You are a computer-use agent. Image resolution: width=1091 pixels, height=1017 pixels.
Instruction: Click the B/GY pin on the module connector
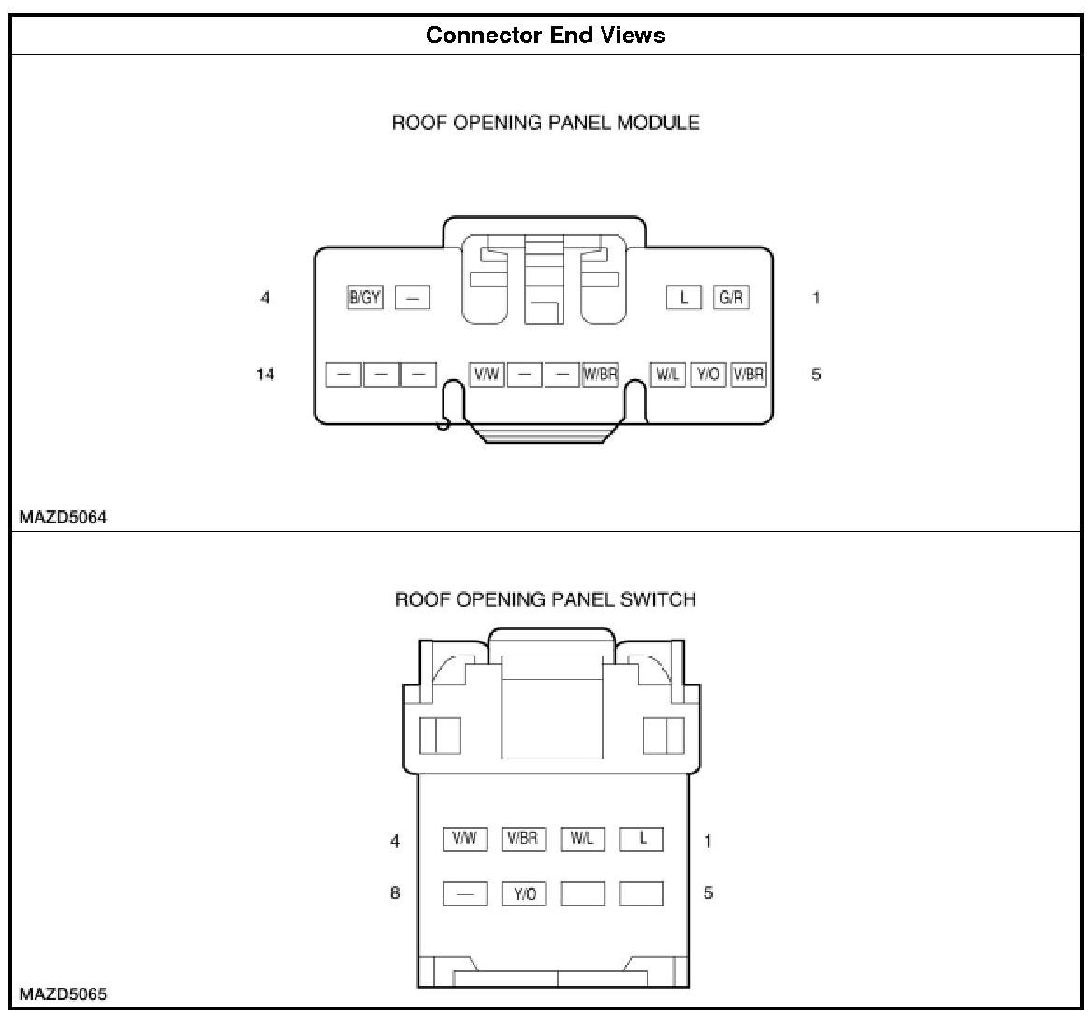(x=365, y=298)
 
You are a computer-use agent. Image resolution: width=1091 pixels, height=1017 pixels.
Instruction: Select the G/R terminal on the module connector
(x=731, y=298)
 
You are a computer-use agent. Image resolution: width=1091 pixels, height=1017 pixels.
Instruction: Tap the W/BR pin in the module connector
(x=600, y=375)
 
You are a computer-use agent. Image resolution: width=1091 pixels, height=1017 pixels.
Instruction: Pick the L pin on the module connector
(x=684, y=298)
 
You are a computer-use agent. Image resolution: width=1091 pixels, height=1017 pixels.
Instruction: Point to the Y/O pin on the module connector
(x=707, y=375)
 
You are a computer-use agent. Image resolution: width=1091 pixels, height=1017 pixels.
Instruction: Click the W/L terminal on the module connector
(x=667, y=375)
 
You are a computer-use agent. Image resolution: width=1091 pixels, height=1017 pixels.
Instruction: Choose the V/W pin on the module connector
(x=487, y=375)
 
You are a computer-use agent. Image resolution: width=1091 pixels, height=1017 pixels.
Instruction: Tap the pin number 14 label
(x=266, y=375)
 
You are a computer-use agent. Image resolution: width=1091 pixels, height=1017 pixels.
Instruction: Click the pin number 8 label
(x=395, y=892)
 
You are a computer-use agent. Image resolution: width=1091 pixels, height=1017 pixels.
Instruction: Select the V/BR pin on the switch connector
(x=522, y=838)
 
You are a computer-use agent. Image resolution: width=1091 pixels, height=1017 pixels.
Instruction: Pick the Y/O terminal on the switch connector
(x=524, y=894)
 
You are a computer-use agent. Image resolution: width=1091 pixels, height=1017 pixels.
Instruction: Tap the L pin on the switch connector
(x=642, y=838)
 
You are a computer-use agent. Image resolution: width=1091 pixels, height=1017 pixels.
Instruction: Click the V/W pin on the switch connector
(x=464, y=838)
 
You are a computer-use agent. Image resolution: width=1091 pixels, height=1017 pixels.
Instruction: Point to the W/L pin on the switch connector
(x=582, y=838)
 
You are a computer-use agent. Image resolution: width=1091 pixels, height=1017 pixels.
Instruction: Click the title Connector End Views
(x=545, y=36)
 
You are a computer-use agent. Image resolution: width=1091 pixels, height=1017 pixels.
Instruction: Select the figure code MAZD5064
(x=63, y=517)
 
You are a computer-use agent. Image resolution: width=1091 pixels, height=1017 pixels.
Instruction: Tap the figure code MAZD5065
(x=63, y=995)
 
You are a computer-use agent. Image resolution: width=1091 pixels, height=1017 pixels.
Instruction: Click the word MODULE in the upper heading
(x=658, y=123)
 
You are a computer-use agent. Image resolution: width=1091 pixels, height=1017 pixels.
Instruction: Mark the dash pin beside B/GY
(x=412, y=298)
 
